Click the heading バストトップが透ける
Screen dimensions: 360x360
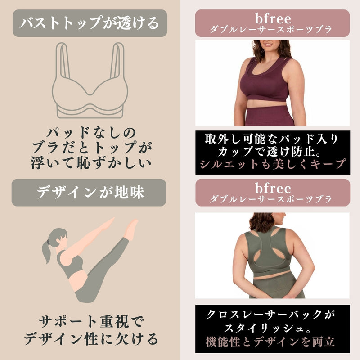(x=90, y=23)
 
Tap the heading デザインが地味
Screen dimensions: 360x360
(x=90, y=192)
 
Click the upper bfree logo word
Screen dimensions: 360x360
(x=273, y=18)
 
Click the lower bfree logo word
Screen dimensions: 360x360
(x=273, y=188)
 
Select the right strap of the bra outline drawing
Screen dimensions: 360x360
(x=117, y=61)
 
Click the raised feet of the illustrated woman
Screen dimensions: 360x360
(x=131, y=229)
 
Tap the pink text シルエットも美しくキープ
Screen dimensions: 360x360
(x=273, y=164)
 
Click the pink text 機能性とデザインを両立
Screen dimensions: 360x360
(x=270, y=342)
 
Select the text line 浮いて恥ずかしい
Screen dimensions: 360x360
(x=91, y=163)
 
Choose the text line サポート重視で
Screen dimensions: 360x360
(x=91, y=322)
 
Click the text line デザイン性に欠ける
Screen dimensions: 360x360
(x=91, y=339)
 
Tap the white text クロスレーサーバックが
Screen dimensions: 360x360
(x=271, y=314)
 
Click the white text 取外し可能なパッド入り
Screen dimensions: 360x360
(x=272, y=139)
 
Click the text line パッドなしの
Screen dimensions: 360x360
(x=91, y=132)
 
